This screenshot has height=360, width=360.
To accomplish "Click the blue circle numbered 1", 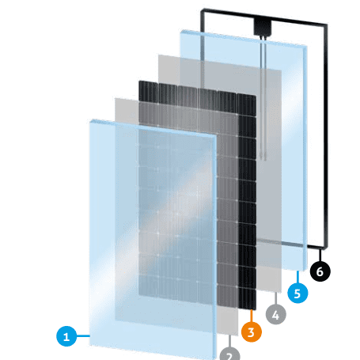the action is click(x=66, y=336).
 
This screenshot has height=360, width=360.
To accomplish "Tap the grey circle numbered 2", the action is click(x=229, y=354).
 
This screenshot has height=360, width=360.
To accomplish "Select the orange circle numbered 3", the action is click(x=252, y=332).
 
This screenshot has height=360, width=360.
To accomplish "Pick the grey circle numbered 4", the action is click(x=275, y=314).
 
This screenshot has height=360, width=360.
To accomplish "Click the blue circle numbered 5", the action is click(x=297, y=293).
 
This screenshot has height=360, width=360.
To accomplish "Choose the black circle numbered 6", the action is click(x=320, y=271).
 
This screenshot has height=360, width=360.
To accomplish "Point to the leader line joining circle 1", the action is click(x=83, y=336).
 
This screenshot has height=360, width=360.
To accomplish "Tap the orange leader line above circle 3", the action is click(x=252, y=316).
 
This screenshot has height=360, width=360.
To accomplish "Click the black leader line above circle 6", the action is click(x=320, y=255).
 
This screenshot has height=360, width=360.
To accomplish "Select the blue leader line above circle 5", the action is click(x=297, y=277).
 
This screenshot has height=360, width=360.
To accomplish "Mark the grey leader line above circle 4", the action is click(x=275, y=298).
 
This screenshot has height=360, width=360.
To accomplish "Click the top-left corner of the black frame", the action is click(x=202, y=10).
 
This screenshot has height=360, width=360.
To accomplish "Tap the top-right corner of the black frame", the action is click(x=327, y=25).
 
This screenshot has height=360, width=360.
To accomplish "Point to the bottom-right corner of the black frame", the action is click(x=327, y=248).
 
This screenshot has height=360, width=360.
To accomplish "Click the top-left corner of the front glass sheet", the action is click(x=90, y=121).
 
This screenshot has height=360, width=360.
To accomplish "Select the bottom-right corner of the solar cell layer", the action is click(x=256, y=309).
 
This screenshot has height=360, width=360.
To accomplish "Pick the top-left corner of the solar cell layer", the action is click(x=139, y=81).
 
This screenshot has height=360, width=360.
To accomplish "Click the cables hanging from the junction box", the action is click(x=263, y=97).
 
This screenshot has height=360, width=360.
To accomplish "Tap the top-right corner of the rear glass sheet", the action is click(x=306, y=47).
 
